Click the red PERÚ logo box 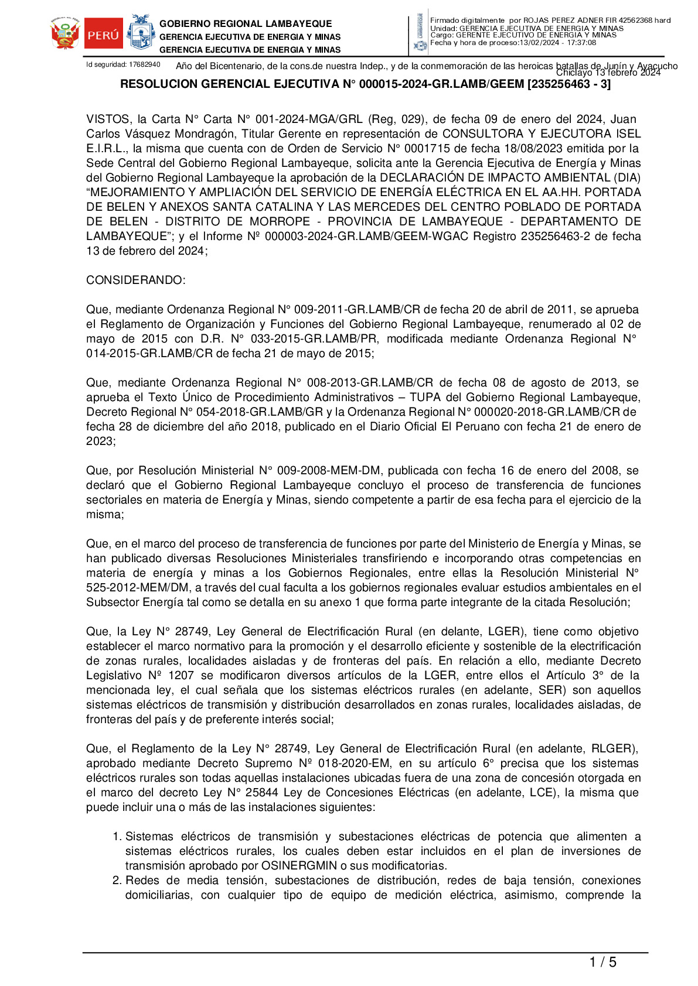[103, 35]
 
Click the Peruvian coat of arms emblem [65, 35]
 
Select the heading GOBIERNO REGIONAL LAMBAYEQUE [246, 24]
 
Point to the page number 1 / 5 [602, 962]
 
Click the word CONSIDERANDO [135, 280]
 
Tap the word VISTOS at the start [108, 119]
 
